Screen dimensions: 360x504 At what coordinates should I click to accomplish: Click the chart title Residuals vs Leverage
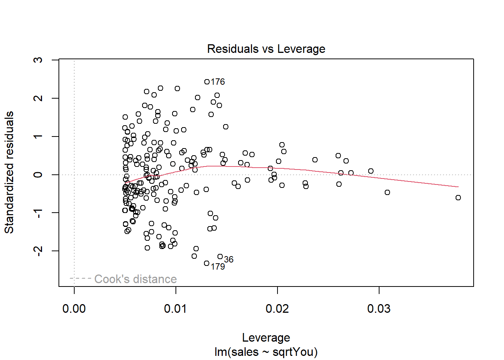click(266, 49)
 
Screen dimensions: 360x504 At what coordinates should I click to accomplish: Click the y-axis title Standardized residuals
click(9, 172)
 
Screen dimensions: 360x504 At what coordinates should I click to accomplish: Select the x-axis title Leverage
click(266, 337)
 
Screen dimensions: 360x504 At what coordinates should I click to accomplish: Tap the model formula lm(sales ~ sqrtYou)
click(266, 352)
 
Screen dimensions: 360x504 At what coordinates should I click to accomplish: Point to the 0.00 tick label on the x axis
click(74, 309)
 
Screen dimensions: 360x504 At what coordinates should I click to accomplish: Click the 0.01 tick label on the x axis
click(175, 309)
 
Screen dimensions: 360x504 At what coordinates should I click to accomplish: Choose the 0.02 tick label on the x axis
click(277, 309)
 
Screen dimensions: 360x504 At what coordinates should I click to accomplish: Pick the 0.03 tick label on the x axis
click(379, 309)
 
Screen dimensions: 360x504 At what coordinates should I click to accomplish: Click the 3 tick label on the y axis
click(38, 60)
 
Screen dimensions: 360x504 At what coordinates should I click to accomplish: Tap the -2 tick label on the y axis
click(38, 250)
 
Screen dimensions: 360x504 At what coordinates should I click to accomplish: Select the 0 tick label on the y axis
click(38, 174)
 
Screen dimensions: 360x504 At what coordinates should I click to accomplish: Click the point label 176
click(218, 82)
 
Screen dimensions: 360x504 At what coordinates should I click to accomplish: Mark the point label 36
click(229, 259)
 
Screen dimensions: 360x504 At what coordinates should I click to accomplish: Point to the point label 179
click(218, 267)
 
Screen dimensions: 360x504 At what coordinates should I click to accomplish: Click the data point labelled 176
click(207, 82)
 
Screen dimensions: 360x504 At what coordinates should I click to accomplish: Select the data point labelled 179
click(207, 263)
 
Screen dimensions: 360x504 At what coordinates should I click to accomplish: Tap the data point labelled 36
click(220, 256)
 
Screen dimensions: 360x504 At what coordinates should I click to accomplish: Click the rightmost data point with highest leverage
click(458, 198)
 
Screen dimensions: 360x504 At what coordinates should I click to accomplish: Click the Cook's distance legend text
click(135, 279)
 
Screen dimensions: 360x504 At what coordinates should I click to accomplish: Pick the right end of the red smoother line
click(458, 187)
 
